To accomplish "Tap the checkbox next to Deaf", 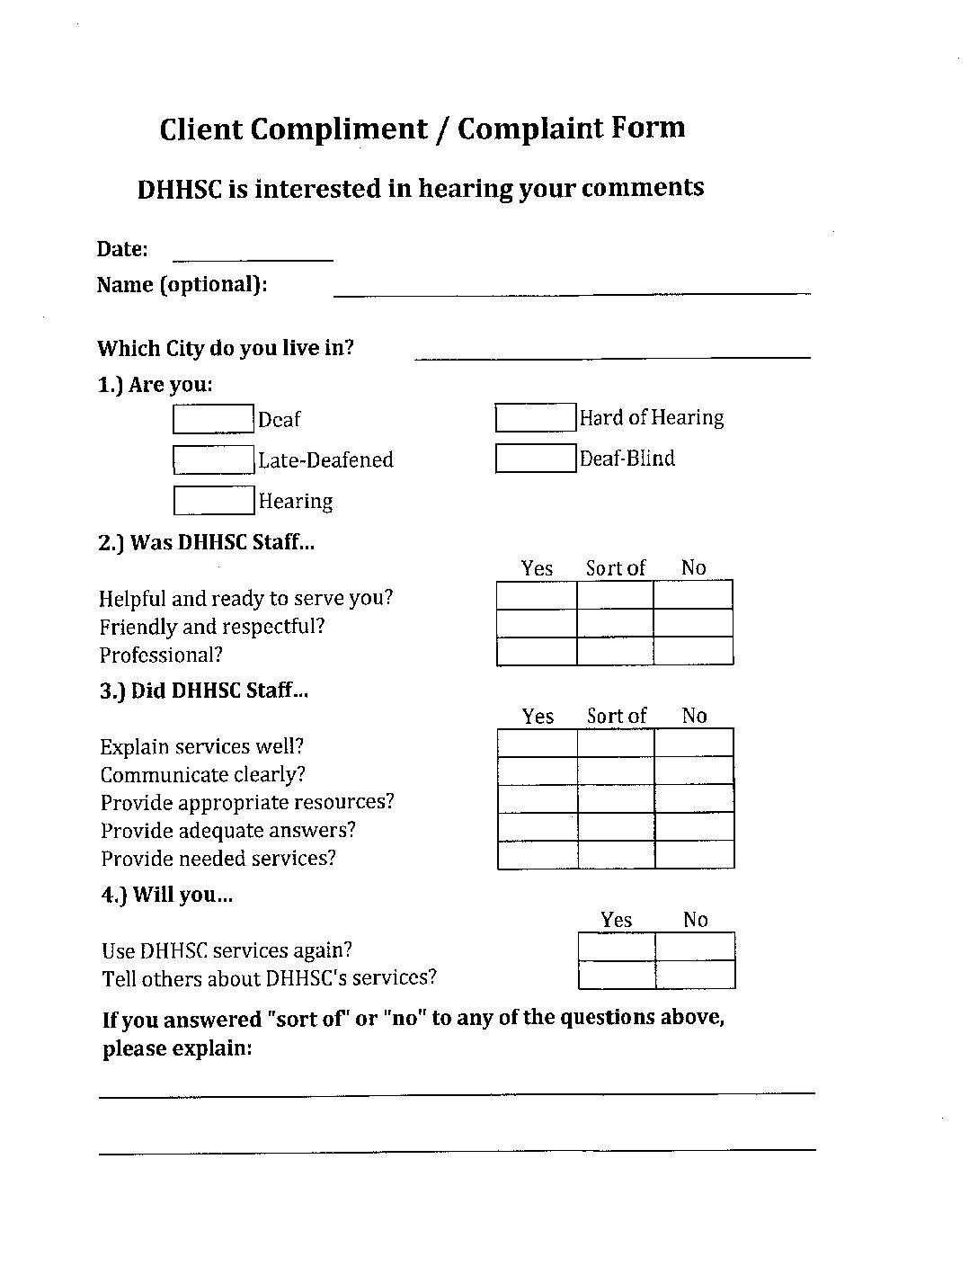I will point(213,419).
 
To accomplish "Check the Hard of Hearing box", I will point(535,417).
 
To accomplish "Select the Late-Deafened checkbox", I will point(213,459).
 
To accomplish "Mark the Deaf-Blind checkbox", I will point(535,458).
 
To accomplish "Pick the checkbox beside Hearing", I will point(213,500).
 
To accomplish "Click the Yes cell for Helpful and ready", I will point(537,595).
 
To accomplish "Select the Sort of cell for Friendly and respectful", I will point(615,623).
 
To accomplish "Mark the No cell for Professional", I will point(693,651).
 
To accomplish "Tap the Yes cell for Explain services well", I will point(538,743).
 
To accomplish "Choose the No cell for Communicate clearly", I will point(694,771).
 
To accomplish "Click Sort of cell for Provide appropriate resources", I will point(616,798).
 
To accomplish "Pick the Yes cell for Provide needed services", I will point(538,854).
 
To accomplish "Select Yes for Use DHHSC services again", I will point(617,947).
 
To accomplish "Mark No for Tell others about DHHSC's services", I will point(695,975).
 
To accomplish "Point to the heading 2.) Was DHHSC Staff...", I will point(206,542).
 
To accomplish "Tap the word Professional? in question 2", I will point(161,655).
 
